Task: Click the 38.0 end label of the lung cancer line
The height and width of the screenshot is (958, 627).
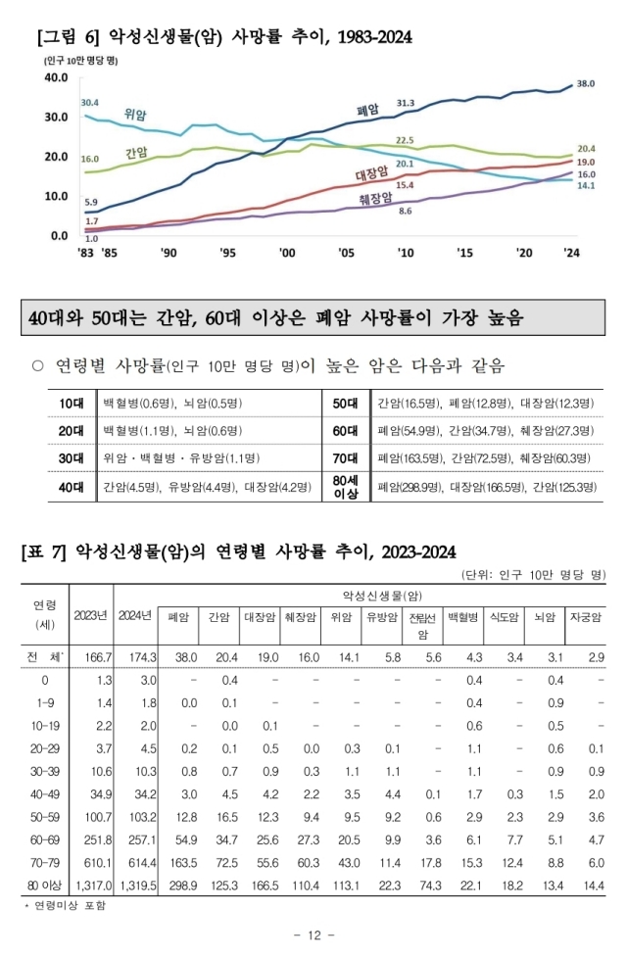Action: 586,84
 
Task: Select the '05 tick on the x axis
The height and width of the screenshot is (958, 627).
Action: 346,252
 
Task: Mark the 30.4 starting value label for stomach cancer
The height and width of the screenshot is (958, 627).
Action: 89,103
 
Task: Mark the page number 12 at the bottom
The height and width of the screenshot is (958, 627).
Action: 313,935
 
